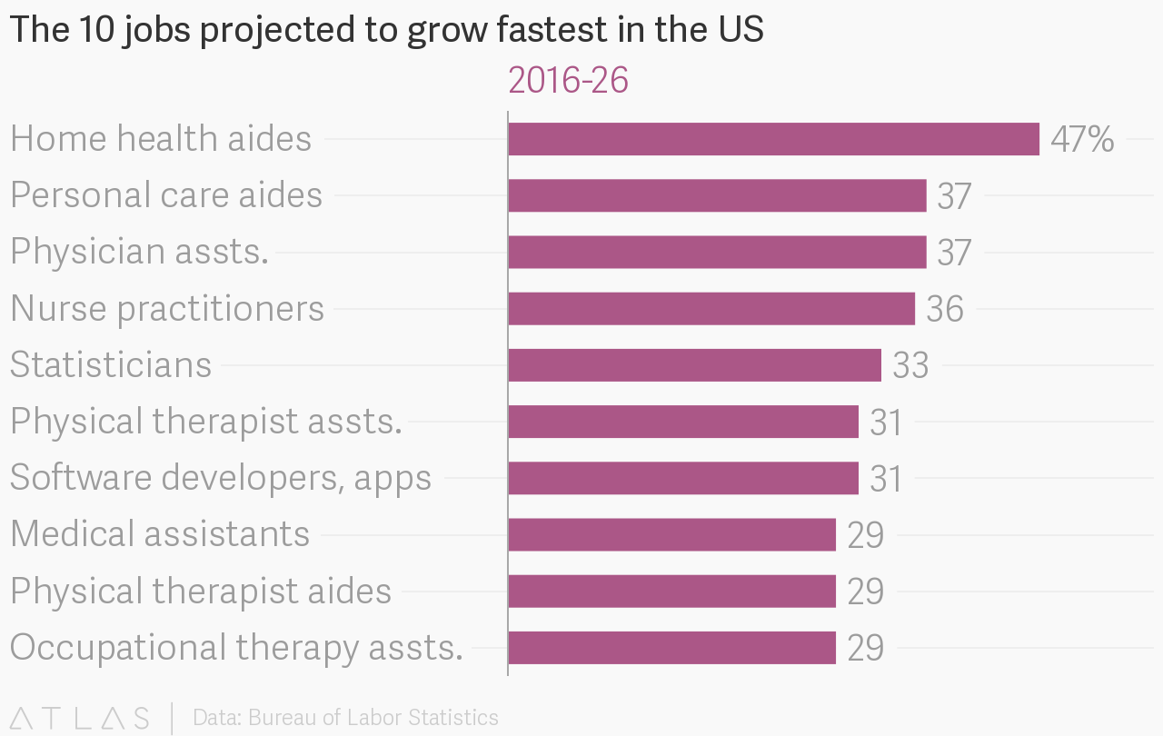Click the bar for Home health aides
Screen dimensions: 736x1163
(773, 139)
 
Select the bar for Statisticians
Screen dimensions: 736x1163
(694, 365)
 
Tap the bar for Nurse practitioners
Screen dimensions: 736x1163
(711, 309)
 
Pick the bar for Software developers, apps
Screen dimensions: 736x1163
(683, 478)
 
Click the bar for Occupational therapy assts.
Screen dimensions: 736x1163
(671, 648)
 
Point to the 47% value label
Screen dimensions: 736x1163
(1082, 140)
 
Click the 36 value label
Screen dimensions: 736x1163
(945, 310)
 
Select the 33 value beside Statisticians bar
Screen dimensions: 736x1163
(910, 366)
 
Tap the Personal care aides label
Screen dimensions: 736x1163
(166, 195)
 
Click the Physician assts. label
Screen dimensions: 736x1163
(139, 252)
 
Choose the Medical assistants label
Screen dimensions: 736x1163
(160, 534)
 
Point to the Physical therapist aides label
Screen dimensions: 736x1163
(201, 592)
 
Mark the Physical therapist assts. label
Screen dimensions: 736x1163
(206, 422)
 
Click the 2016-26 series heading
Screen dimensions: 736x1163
(569, 81)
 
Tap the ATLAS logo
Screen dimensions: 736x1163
(80, 718)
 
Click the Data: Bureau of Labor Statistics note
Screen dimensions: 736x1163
(345, 718)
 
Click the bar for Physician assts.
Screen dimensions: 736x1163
(717, 252)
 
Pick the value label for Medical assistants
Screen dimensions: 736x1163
(865, 535)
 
